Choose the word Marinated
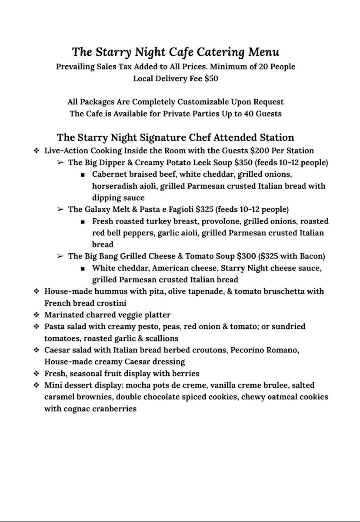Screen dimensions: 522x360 click(x=66, y=315)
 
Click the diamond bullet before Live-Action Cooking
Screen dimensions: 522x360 click(x=37, y=151)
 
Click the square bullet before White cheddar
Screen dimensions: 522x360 click(x=83, y=268)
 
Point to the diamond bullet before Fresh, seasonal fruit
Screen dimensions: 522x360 click(x=37, y=374)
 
